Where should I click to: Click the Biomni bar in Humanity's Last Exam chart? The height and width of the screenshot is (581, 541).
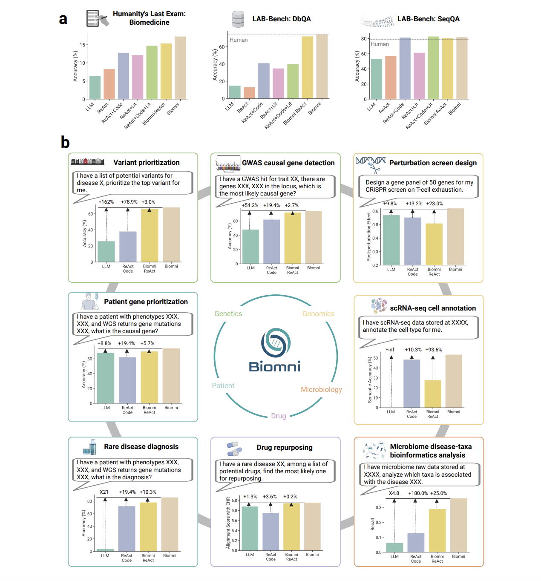click(180, 68)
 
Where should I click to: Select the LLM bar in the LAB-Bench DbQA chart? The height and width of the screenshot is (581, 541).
click(235, 92)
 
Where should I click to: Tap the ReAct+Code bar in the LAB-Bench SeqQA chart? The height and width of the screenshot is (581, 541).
click(405, 68)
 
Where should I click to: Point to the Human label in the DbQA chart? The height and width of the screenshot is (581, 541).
click(239, 40)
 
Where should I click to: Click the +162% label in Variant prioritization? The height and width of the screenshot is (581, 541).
click(106, 202)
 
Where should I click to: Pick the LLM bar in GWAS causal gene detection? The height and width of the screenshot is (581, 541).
click(250, 247)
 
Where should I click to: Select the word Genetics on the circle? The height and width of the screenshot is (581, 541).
click(228, 314)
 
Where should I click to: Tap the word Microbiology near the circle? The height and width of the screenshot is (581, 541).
click(321, 389)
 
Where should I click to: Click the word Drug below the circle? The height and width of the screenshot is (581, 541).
click(279, 416)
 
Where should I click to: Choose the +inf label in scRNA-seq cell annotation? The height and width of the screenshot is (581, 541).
click(390, 350)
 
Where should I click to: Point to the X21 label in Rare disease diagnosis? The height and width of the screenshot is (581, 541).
click(104, 492)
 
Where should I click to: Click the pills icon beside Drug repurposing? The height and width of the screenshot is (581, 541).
click(234, 448)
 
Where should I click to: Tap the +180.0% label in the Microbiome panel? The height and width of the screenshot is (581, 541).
click(418, 493)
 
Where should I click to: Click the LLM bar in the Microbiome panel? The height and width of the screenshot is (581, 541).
click(394, 547)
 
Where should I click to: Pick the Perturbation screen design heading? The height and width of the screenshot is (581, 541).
click(433, 163)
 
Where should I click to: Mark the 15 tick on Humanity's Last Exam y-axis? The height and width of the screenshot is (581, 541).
click(83, 45)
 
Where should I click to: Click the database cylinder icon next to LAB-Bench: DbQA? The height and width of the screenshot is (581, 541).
click(238, 19)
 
